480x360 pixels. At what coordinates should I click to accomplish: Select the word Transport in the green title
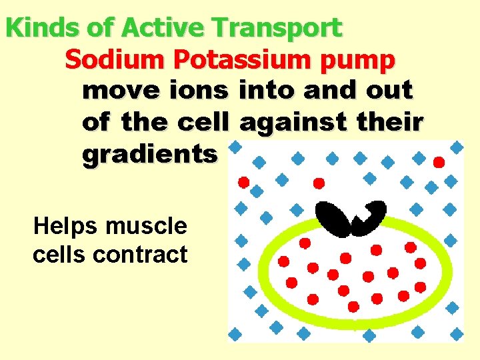tap(277, 28)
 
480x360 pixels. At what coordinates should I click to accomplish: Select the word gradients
tap(149, 155)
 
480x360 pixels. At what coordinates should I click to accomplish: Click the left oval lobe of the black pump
tap(334, 219)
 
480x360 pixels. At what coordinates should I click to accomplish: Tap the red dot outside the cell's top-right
tap(438, 162)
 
